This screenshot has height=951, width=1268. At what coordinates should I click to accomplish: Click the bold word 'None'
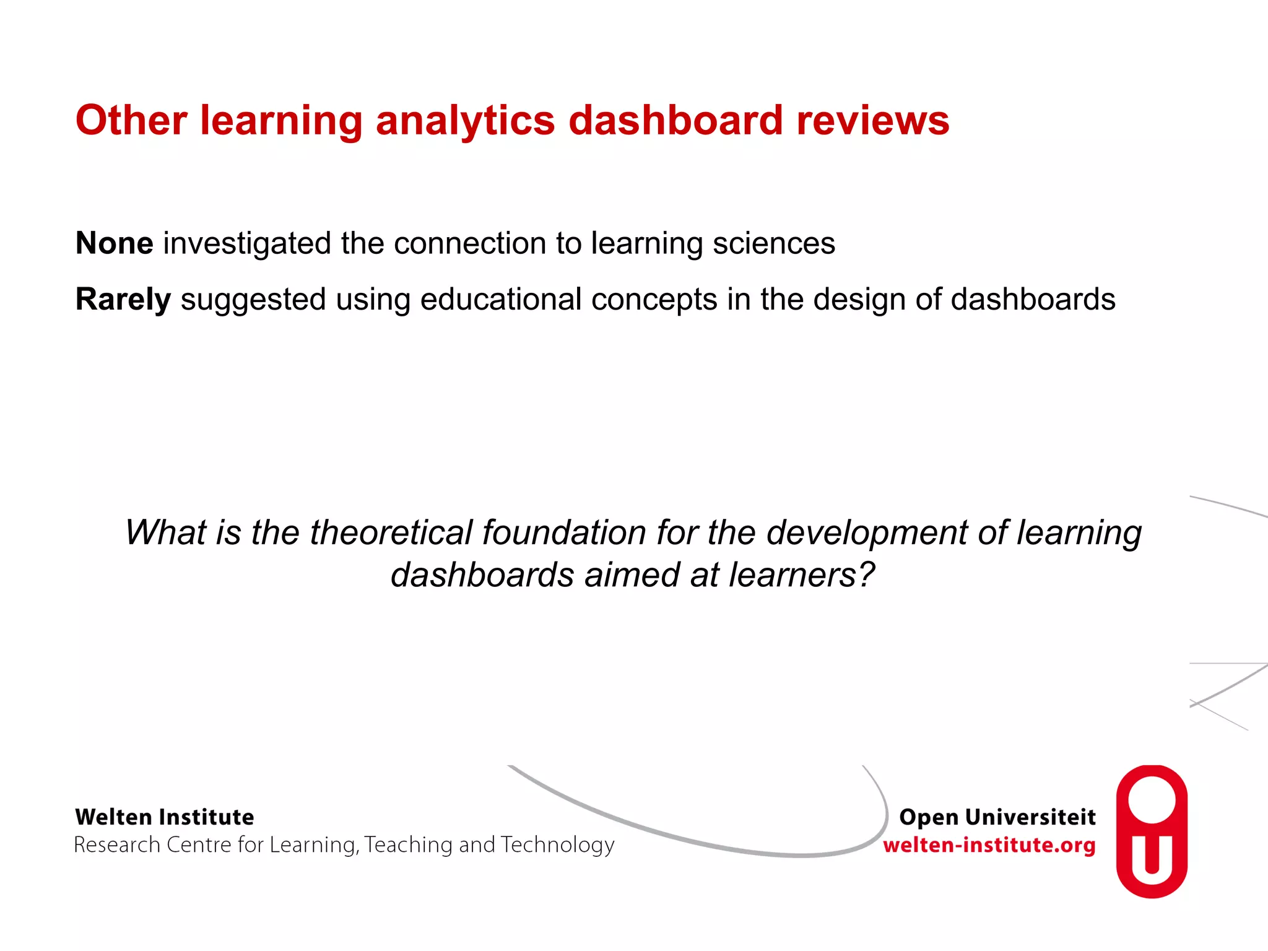point(115,243)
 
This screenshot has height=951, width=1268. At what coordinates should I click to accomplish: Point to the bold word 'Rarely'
point(123,300)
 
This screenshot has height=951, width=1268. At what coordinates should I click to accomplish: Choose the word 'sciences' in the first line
point(774,243)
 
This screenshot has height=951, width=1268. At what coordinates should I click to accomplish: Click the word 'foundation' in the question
point(564,532)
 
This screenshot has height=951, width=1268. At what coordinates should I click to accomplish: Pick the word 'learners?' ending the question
point(802,575)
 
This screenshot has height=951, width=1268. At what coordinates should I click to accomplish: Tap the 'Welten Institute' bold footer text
point(165,817)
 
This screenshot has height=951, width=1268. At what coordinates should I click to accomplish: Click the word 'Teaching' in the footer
point(408,845)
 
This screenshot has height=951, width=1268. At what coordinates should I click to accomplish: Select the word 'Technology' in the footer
point(557,845)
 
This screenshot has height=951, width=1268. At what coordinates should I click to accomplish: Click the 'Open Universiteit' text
point(997,817)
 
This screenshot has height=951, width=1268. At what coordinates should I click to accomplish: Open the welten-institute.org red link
point(989,845)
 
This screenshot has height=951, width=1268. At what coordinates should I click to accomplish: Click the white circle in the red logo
point(1152,799)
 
